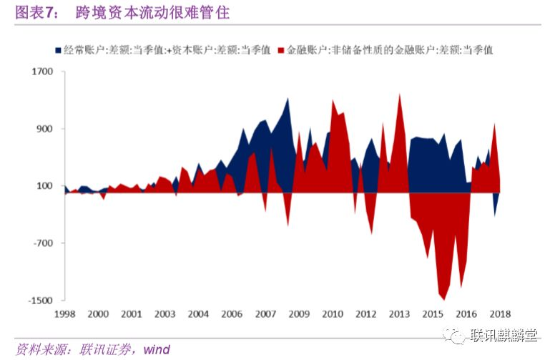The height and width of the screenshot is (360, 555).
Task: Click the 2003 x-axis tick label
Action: (164, 314)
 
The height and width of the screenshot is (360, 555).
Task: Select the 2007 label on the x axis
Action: (265, 314)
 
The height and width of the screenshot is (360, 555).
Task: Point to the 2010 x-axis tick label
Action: (332, 314)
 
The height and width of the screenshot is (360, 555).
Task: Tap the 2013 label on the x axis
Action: (399, 314)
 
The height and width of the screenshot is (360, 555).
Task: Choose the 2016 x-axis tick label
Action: (466, 314)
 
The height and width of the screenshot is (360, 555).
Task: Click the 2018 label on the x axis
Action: (500, 314)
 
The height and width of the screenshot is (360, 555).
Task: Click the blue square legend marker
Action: (57, 50)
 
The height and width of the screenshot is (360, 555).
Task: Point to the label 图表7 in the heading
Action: (35, 13)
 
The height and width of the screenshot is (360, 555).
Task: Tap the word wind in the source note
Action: (156, 349)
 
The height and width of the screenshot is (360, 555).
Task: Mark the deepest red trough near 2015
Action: (444, 299)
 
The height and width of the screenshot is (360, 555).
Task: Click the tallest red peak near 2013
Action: (399, 94)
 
